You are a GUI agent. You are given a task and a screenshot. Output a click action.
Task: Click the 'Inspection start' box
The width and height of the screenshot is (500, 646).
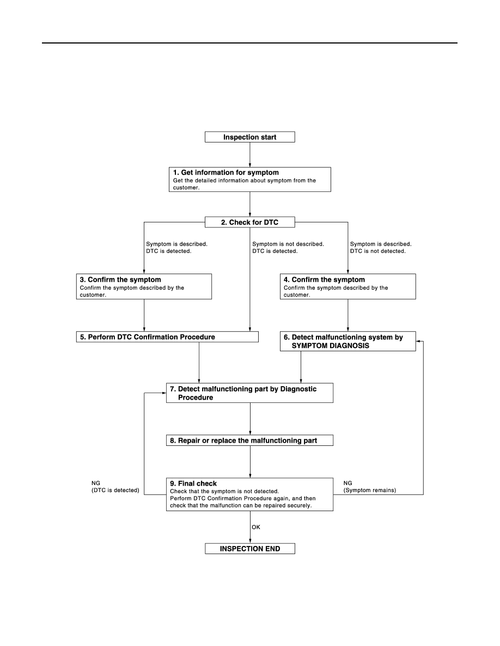(x=249, y=137)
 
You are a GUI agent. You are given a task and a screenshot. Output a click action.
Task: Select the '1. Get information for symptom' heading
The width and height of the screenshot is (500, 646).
(x=225, y=172)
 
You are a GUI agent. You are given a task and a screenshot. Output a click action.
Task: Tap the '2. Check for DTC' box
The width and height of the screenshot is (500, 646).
(x=249, y=222)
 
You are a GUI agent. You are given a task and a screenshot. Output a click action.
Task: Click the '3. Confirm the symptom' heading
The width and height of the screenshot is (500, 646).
(x=120, y=279)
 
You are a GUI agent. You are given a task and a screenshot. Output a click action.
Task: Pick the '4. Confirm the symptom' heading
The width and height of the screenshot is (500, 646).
(x=324, y=279)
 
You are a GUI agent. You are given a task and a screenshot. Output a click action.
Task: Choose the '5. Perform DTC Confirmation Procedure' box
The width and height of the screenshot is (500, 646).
(x=167, y=337)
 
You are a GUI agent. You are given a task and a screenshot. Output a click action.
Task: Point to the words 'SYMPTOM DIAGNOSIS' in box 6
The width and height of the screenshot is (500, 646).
(x=331, y=346)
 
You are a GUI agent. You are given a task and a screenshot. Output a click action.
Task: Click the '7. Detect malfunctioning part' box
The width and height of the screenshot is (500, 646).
(x=249, y=393)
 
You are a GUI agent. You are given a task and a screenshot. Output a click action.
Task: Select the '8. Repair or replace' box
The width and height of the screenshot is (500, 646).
(x=249, y=440)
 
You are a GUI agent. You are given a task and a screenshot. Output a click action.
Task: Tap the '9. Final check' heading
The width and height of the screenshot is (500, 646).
(x=193, y=483)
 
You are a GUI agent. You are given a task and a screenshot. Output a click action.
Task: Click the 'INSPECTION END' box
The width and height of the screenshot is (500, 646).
(x=249, y=549)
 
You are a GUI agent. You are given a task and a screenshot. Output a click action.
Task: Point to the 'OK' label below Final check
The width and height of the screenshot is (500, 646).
(x=256, y=527)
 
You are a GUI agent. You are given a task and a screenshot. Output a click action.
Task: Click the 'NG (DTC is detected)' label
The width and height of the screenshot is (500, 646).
(x=115, y=487)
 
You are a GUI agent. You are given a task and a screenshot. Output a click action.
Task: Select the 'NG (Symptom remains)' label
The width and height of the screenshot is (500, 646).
(x=370, y=487)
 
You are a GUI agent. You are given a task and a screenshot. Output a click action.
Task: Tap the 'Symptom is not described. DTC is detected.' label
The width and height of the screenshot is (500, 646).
(x=288, y=247)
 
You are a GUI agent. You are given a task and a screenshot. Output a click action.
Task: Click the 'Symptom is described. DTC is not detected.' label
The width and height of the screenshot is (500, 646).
(x=381, y=247)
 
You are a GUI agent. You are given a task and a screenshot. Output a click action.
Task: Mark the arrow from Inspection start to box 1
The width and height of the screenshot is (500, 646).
(x=249, y=155)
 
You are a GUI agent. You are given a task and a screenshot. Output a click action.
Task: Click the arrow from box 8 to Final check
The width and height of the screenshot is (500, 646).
(x=249, y=462)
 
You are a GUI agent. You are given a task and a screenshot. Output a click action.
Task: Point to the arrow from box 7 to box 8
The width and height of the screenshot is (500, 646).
(x=249, y=419)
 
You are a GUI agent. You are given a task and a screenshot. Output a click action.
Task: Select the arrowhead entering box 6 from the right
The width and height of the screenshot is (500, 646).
(x=418, y=341)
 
